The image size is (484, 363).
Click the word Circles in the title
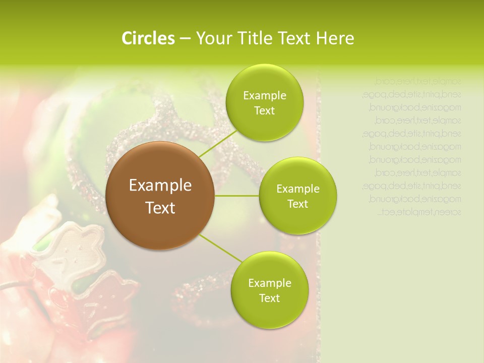point(148,38)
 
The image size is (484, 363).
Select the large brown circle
point(160,196)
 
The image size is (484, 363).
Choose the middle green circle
point(297,196)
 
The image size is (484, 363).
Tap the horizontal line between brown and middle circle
point(237,196)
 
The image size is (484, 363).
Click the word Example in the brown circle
point(160,186)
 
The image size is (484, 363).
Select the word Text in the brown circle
point(160,207)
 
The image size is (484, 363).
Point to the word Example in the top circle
point(264,95)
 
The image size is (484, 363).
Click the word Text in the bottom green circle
point(269,298)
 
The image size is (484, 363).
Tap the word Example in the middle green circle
point(297,189)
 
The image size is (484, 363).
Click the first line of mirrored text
point(418,81)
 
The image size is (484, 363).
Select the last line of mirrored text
point(419,212)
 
